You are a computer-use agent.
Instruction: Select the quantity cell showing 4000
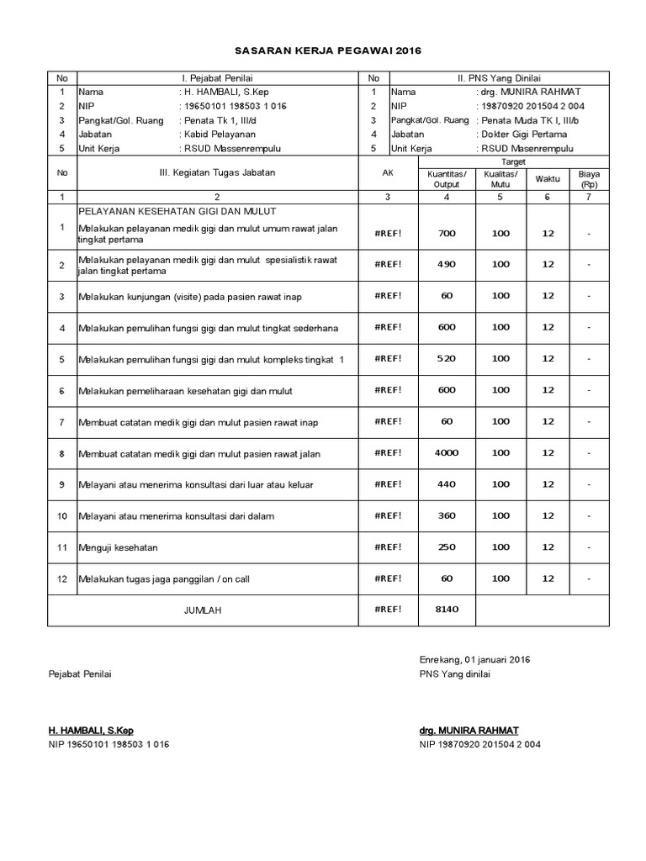pyautogui.click(x=447, y=452)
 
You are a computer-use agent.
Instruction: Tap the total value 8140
pyautogui.click(x=447, y=610)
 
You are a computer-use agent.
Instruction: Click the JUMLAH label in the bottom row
pyautogui.click(x=202, y=610)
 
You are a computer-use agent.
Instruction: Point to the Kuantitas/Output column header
pyautogui.click(x=447, y=179)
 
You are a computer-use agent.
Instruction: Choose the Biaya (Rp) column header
pyautogui.click(x=589, y=179)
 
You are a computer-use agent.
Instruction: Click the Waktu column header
pyautogui.click(x=548, y=179)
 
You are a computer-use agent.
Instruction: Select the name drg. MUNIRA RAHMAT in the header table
pyautogui.click(x=532, y=92)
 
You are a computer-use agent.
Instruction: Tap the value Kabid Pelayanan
pyautogui.click(x=218, y=135)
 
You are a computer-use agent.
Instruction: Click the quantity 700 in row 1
pyautogui.click(x=447, y=233)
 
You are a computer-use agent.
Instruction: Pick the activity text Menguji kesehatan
pyautogui.click(x=118, y=547)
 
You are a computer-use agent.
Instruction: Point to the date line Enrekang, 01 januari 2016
pyautogui.click(x=474, y=659)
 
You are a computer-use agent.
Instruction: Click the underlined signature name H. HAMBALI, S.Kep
pyautogui.click(x=91, y=730)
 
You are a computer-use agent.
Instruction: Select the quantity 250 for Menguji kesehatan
pyautogui.click(x=447, y=547)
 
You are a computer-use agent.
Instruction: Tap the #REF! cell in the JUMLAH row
pyautogui.click(x=388, y=610)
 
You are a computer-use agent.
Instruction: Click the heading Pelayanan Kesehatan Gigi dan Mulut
pyautogui.click(x=177, y=211)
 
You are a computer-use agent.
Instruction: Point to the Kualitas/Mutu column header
pyautogui.click(x=500, y=179)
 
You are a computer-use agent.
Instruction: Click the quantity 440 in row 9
pyautogui.click(x=447, y=484)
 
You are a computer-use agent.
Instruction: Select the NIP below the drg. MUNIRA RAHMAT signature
pyautogui.click(x=479, y=744)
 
